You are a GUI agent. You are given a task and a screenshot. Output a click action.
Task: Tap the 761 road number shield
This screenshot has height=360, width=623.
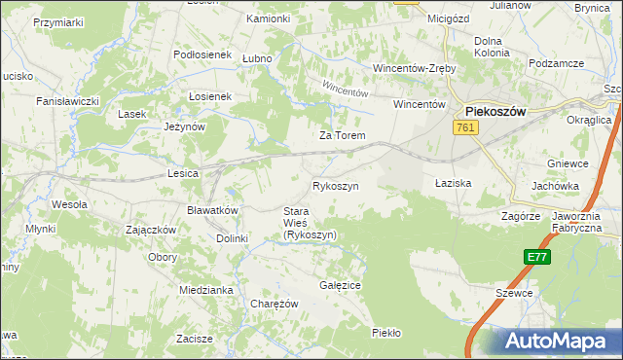465,127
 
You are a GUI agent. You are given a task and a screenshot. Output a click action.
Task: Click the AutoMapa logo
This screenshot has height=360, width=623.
560,342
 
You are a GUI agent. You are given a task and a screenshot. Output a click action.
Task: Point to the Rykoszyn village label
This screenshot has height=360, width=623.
336,185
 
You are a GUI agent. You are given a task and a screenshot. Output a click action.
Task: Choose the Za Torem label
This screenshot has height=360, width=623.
343,135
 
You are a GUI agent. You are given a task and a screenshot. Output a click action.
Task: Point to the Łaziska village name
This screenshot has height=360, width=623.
453,183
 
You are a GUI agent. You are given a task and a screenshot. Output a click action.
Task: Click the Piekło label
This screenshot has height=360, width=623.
386,333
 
